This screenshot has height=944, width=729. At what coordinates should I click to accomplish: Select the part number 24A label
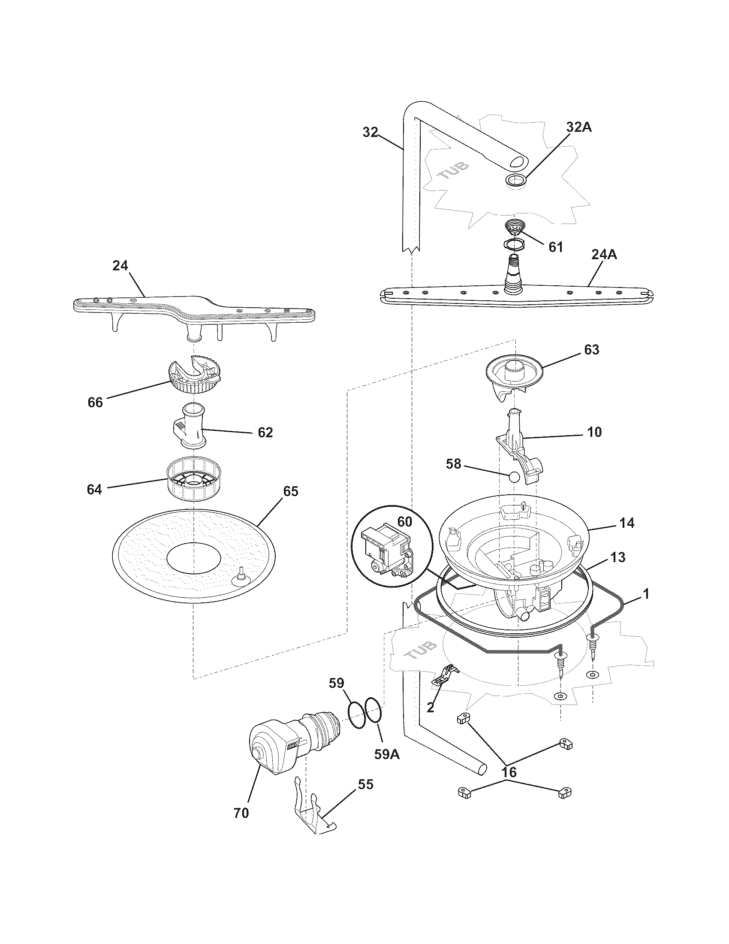604,255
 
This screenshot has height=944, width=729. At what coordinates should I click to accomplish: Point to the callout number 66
95,402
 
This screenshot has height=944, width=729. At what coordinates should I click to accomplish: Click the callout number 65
290,491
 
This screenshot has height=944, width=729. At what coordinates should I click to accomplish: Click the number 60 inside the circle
405,522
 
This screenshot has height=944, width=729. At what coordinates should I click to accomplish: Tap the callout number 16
509,772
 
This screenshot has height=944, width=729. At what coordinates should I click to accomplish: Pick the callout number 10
595,432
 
